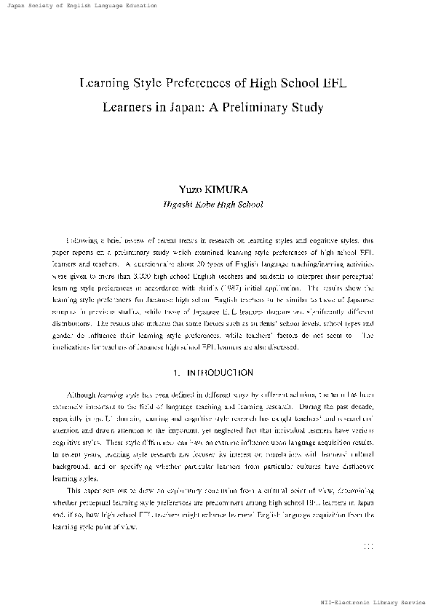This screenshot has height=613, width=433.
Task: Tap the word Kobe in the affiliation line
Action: (206, 205)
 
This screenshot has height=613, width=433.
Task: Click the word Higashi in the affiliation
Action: (179, 205)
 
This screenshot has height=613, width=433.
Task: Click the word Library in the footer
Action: (386, 604)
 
